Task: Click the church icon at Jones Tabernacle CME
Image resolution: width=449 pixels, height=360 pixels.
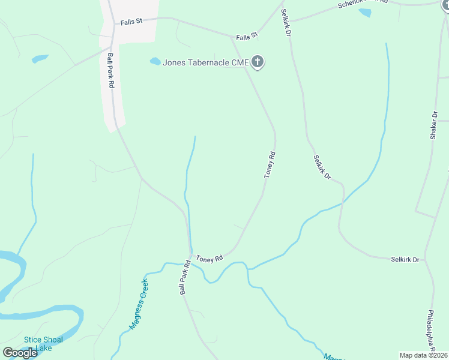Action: (258, 61)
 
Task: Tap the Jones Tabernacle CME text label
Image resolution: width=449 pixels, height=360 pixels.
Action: (205, 62)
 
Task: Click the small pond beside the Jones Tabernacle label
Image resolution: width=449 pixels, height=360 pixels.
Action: (155, 61)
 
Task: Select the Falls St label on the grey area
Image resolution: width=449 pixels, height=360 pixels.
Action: (130, 21)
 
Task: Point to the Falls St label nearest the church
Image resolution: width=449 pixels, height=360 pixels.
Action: (246, 37)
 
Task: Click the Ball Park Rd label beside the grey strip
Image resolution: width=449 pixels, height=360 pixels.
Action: (110, 71)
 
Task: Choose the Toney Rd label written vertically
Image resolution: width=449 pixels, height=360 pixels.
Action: (270, 164)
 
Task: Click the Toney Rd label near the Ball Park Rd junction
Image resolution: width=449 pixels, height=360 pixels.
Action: (210, 257)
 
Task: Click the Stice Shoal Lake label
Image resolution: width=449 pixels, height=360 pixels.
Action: (43, 344)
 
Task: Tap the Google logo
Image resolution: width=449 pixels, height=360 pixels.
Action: (20, 353)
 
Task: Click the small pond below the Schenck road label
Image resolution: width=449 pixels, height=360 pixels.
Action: (364, 13)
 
